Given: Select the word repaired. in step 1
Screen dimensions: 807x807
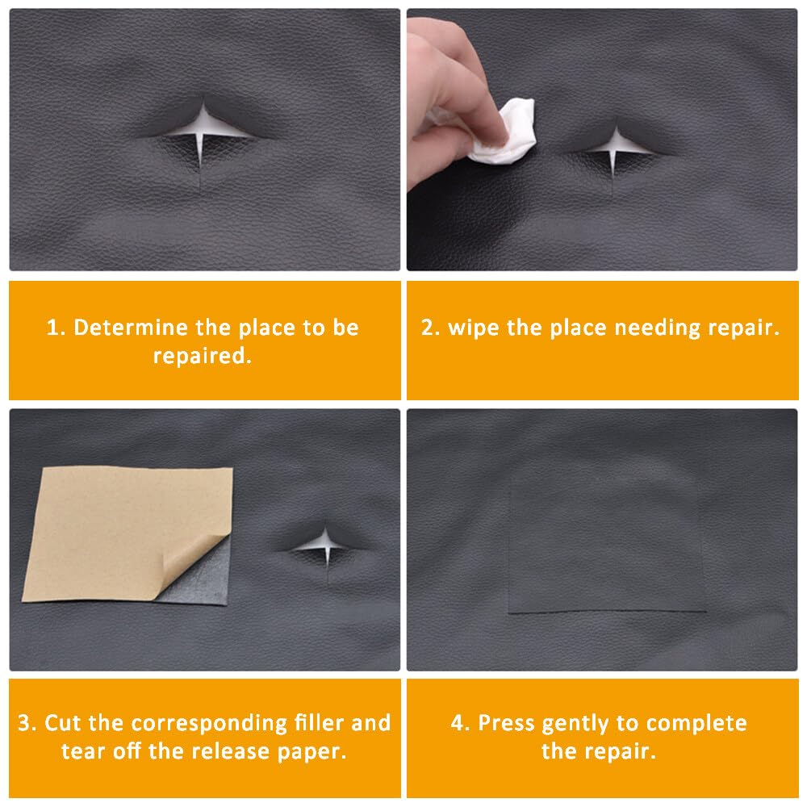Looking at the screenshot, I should (x=203, y=356).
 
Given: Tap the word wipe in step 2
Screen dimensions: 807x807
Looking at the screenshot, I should (x=474, y=328).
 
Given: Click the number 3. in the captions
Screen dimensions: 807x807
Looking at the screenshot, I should (x=28, y=722).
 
